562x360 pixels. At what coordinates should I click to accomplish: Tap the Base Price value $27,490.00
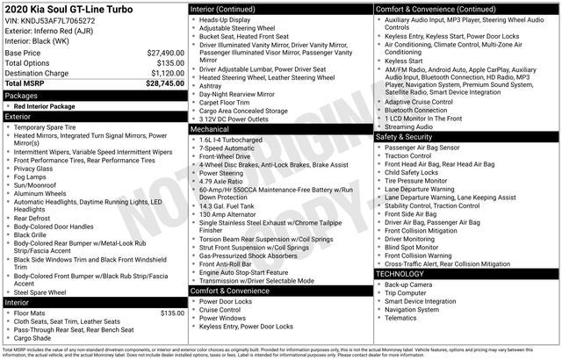tap(165, 53)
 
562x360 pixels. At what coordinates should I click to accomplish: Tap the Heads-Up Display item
tap(227, 18)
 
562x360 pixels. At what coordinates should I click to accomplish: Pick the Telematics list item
tap(402, 317)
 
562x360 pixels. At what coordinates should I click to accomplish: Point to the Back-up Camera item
tap(408, 284)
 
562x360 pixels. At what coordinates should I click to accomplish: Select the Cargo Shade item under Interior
tap(32, 338)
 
